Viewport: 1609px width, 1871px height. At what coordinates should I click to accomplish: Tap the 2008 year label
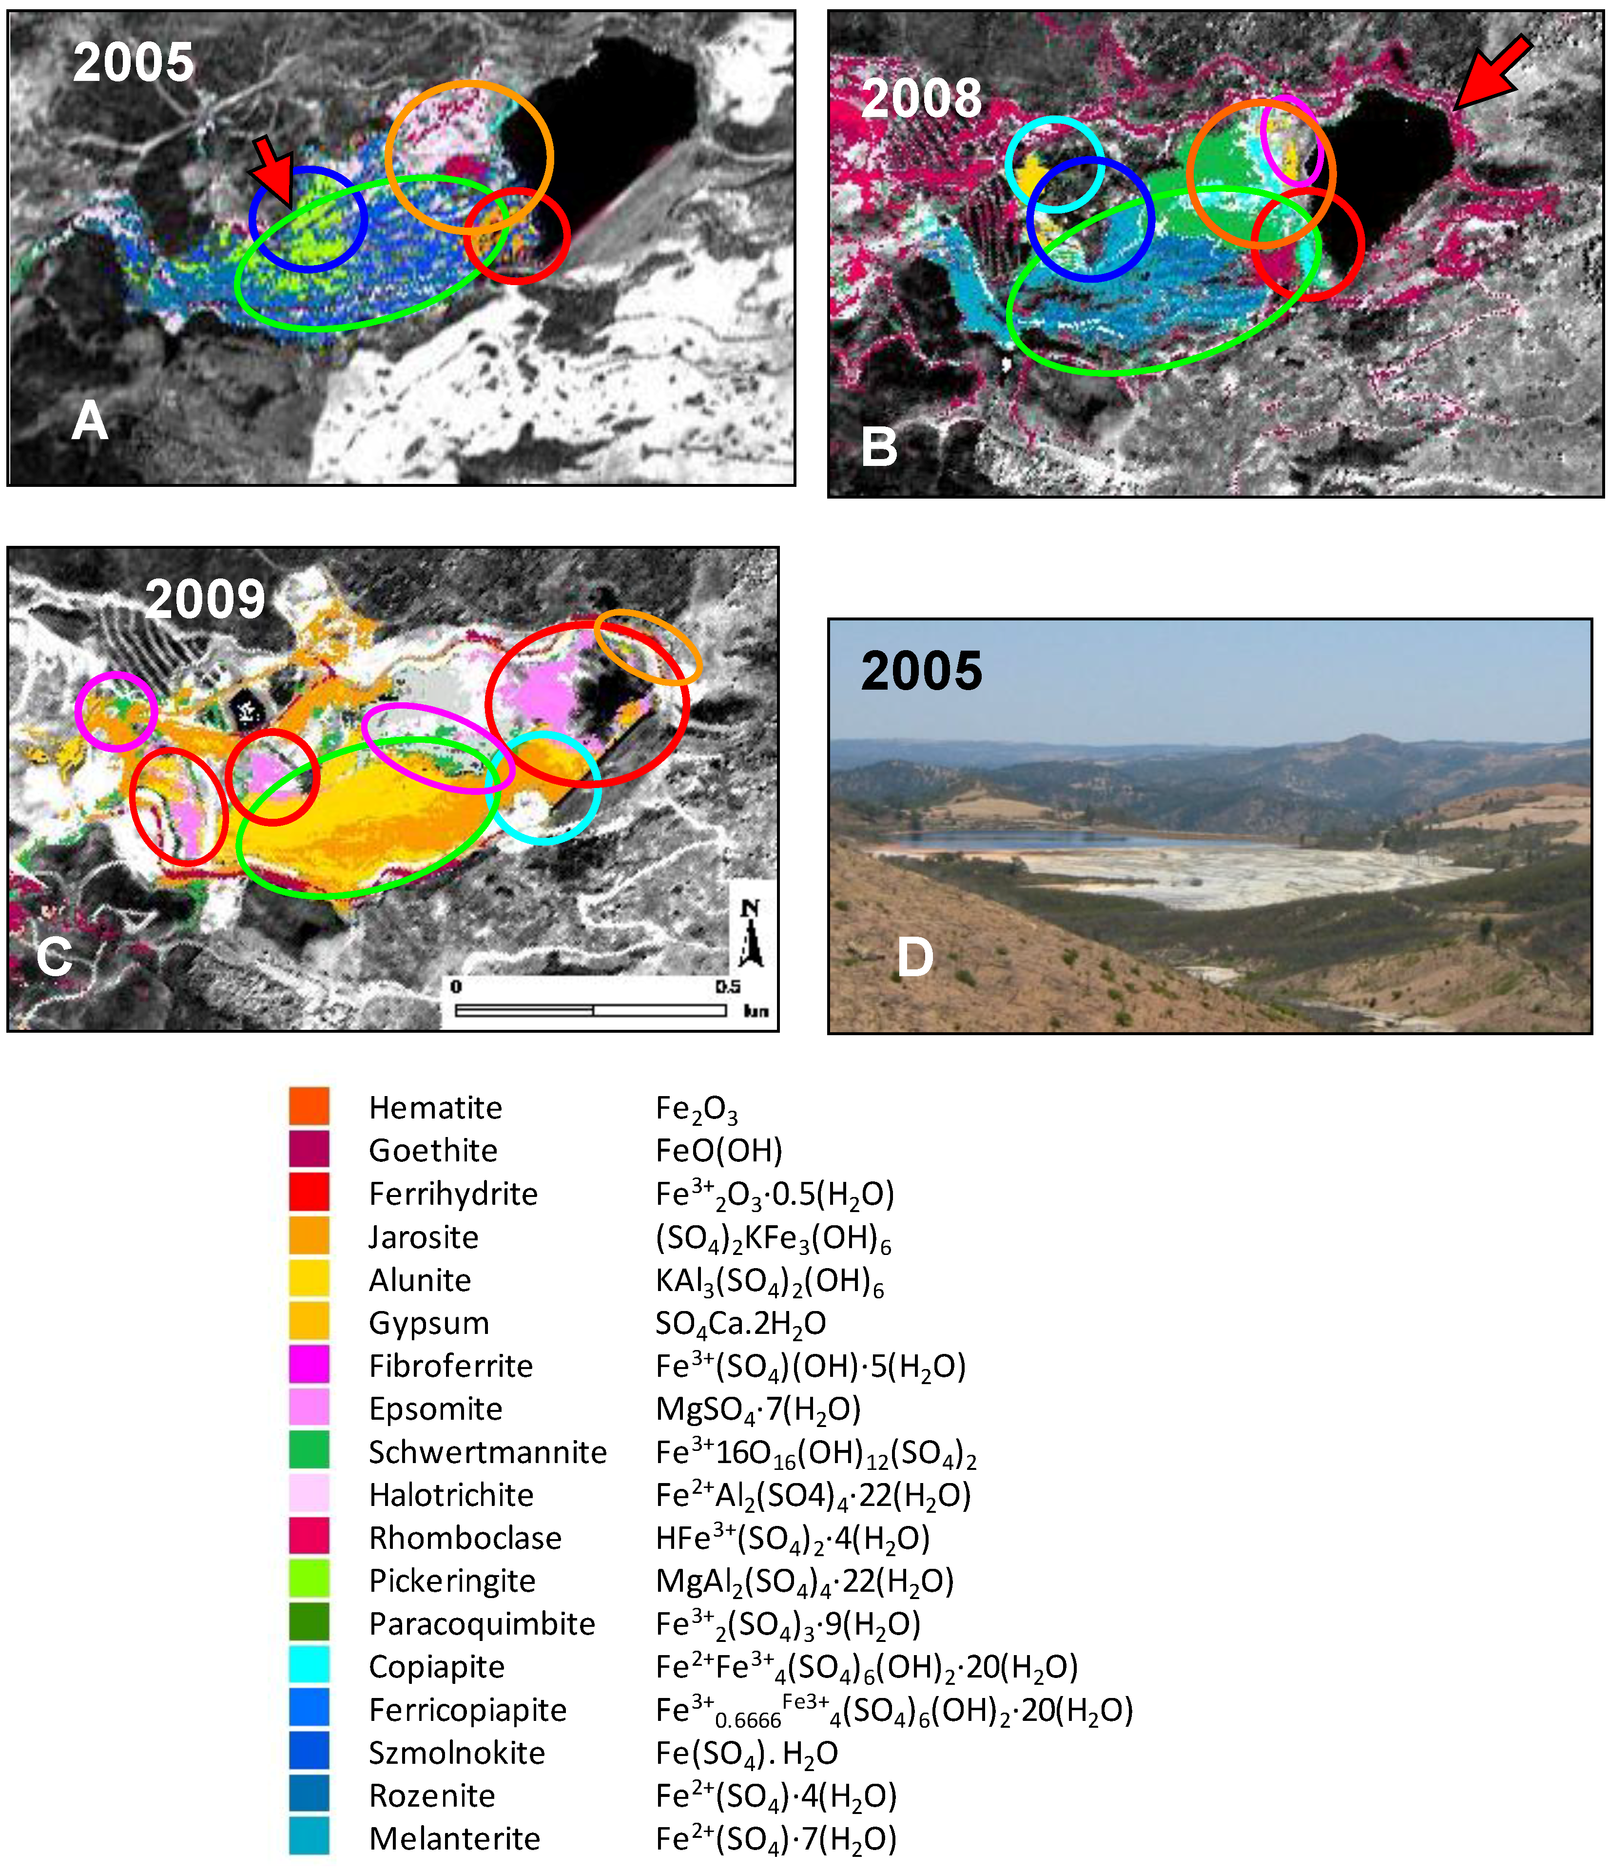921,98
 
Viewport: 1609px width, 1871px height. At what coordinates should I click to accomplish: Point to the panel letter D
914,957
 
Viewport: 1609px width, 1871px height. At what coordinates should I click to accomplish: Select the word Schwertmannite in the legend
487,1452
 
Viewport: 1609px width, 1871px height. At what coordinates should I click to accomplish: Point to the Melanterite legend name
454,1838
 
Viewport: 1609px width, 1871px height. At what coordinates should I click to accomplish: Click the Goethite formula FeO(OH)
719,1150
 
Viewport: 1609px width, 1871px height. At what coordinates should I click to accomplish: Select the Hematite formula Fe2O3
696,1109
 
